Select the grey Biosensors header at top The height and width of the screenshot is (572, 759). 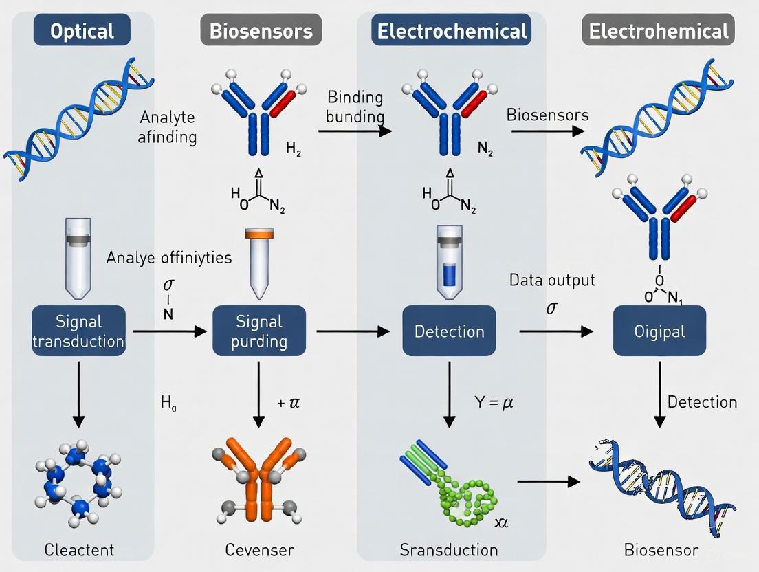tap(261, 31)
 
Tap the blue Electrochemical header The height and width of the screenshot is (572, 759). tap(450, 31)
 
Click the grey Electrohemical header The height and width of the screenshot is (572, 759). tap(658, 31)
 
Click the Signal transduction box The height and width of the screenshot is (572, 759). tap(79, 331)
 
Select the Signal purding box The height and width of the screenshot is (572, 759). tap(260, 331)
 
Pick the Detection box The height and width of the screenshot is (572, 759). tap(449, 331)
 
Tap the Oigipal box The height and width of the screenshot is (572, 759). tap(659, 331)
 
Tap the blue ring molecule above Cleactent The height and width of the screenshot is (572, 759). tap(80, 478)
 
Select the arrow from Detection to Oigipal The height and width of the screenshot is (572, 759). tap(555, 331)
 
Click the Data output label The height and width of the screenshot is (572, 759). tap(552, 280)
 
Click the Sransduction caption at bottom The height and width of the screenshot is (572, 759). tap(449, 549)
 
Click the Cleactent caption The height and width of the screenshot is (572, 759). tap(79, 549)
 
